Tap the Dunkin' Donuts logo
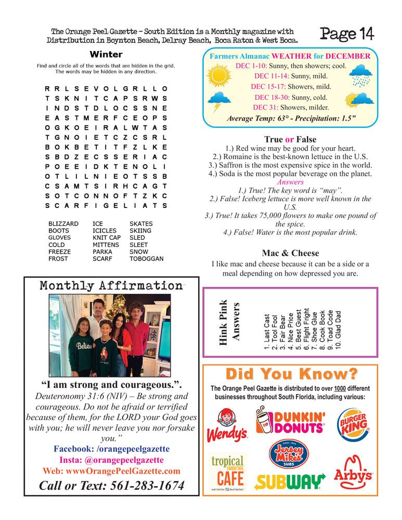click(x=291, y=422)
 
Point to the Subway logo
click(x=290, y=482)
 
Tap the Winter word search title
click(x=106, y=55)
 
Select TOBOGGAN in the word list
click(x=146, y=258)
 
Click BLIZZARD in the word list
click(x=63, y=223)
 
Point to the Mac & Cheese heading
click(x=290, y=253)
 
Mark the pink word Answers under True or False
click(x=290, y=183)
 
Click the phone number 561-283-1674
click(x=112, y=486)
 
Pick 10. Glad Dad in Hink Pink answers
click(x=339, y=330)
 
